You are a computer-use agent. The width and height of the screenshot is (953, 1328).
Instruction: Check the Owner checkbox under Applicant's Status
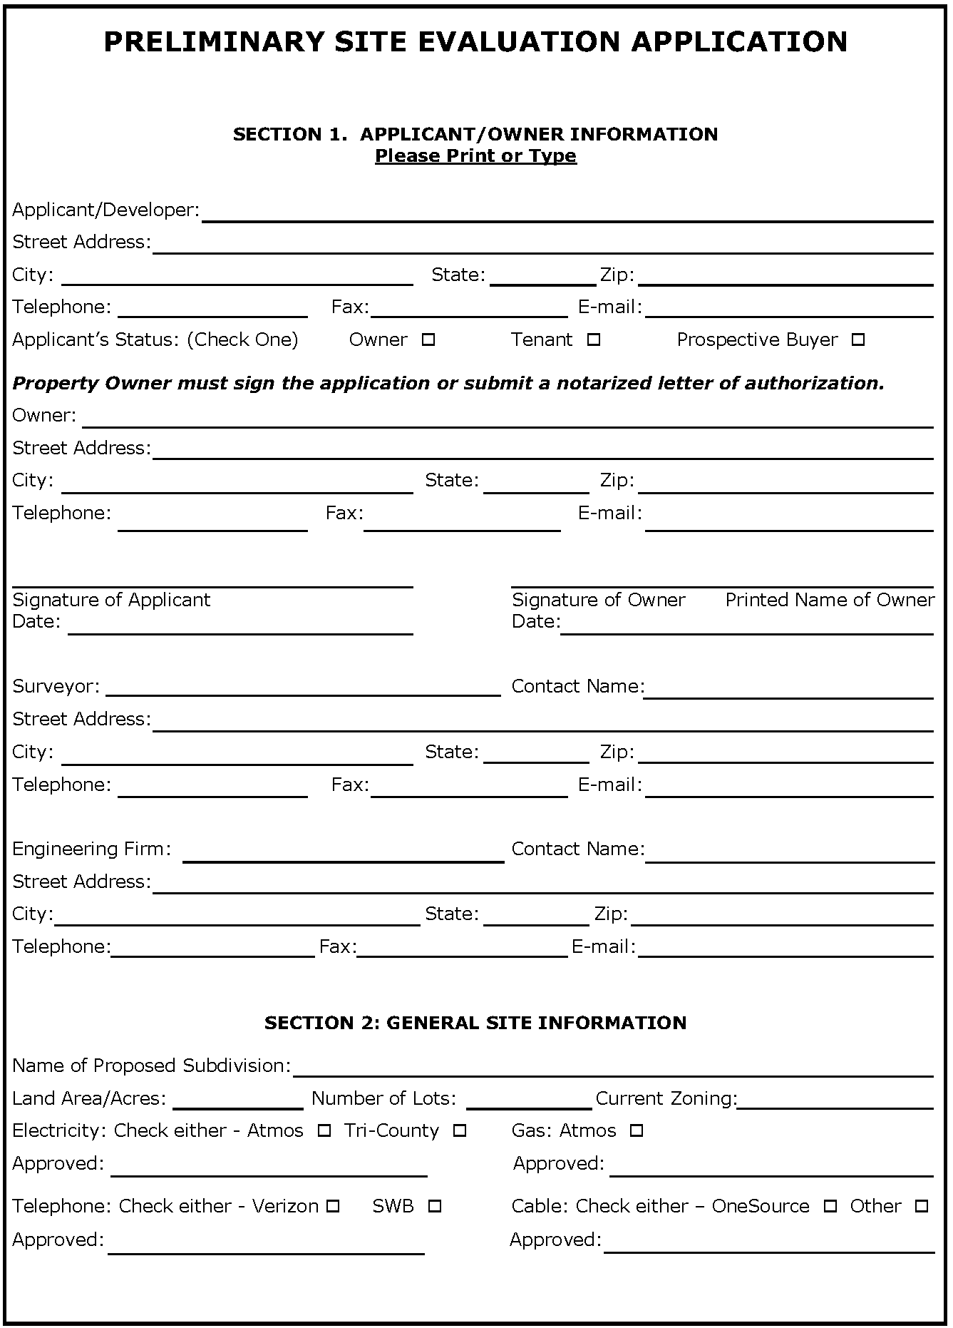point(428,340)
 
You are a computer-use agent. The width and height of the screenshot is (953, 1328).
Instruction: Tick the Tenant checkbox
point(594,340)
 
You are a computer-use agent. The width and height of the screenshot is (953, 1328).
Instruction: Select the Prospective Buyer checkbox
point(858,340)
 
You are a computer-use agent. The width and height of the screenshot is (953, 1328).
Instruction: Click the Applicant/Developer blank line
point(567,214)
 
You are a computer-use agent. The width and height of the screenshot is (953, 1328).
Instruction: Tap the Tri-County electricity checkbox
point(460,1130)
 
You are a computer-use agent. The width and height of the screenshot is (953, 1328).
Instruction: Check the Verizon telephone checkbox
point(333,1206)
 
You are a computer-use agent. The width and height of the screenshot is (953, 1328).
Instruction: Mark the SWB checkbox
point(435,1206)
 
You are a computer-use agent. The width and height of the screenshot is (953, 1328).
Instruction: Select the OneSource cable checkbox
point(830,1206)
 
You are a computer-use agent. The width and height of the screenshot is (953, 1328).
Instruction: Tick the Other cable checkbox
point(922,1206)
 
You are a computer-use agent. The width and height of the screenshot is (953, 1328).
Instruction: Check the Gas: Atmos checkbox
point(637,1130)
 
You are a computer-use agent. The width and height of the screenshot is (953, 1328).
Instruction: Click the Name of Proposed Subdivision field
point(613,1068)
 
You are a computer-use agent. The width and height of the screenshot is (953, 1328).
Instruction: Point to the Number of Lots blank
point(529,1100)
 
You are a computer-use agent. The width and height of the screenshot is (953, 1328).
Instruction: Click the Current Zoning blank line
point(835,1100)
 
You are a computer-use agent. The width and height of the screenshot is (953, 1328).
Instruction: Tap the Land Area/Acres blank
point(238,1100)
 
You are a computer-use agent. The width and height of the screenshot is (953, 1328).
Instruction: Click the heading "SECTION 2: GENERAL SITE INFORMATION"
point(475,1023)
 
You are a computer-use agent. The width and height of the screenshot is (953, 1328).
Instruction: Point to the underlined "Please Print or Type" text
point(475,155)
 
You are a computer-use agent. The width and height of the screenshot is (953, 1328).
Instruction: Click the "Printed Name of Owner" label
point(830,600)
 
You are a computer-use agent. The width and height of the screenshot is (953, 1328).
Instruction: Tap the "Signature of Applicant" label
point(111,600)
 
